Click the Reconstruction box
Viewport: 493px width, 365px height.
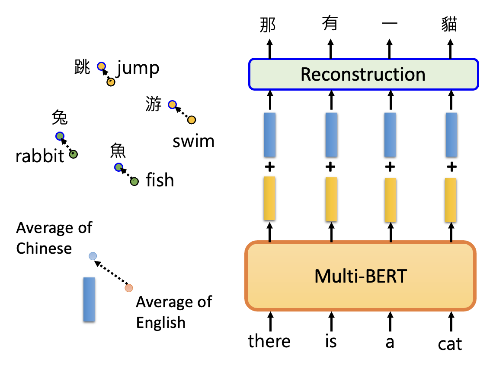click(x=363, y=74)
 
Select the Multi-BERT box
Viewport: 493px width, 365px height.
click(x=360, y=276)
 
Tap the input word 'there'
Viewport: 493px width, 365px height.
click(x=269, y=342)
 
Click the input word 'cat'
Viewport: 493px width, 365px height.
click(x=450, y=344)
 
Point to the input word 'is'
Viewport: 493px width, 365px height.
click(x=330, y=342)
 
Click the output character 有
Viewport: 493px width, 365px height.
click(x=330, y=24)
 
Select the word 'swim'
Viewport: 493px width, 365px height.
click(x=193, y=141)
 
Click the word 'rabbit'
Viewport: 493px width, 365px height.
click(x=40, y=156)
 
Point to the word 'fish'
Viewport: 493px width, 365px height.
click(x=160, y=180)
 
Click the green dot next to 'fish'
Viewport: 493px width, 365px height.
click(x=134, y=182)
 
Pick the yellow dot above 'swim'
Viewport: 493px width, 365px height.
click(x=192, y=120)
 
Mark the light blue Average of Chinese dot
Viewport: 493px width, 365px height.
click(x=93, y=256)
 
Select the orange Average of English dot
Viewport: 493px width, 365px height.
click(x=128, y=288)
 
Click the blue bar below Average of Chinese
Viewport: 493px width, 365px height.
click(x=89, y=299)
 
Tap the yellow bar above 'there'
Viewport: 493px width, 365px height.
click(x=269, y=198)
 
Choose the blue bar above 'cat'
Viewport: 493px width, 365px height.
click(x=451, y=135)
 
